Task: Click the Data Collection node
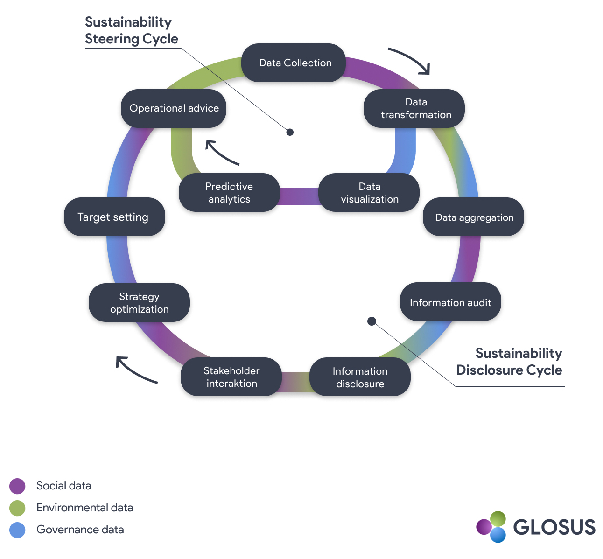pos(294,63)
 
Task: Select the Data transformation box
pos(414,109)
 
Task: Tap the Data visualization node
pos(369,193)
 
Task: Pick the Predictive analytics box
pos(229,193)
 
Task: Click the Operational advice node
pos(174,108)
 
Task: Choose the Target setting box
pos(114,217)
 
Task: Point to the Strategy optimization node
pos(139,303)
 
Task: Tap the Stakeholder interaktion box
pos(231,377)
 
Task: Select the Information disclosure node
pos(360,377)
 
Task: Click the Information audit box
pos(450,302)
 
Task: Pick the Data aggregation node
pos(473,217)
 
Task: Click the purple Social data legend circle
pos(17,486)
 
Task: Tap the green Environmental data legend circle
pos(17,508)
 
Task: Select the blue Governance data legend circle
pos(17,530)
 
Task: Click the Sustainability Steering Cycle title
pos(131,30)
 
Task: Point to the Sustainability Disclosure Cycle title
pos(509,362)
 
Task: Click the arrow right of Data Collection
pos(410,60)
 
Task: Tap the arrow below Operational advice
pos(221,152)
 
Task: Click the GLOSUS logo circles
pos(491,527)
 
